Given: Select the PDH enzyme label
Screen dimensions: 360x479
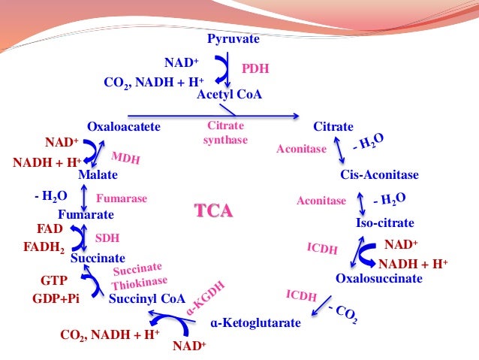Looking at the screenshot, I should point(255,69).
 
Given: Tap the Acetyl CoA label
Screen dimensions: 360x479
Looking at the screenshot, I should point(229,94).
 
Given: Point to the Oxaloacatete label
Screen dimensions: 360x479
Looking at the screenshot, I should point(124,127).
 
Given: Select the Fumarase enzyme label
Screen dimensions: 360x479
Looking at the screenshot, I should point(121,199).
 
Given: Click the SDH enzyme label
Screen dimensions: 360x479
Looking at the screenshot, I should point(107,238).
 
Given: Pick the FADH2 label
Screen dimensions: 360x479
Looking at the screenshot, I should point(44,247).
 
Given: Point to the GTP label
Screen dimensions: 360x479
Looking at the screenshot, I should point(53,280).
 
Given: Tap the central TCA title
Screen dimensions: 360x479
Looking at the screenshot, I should point(214,211).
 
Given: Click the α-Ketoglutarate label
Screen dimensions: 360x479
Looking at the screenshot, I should point(256,323).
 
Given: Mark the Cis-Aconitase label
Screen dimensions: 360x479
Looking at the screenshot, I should point(379,175).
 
